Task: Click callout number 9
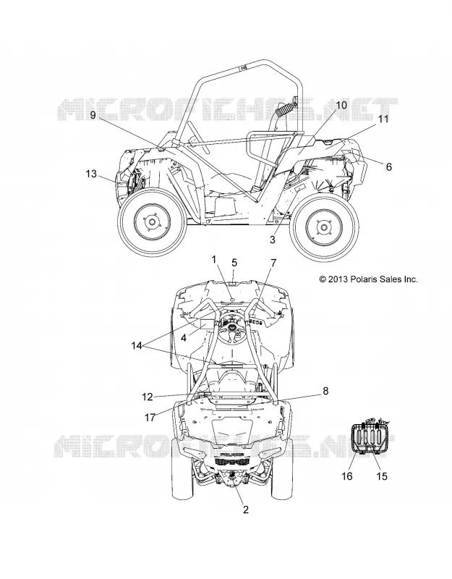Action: [x=93, y=115]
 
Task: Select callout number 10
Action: [x=341, y=105]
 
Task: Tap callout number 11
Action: [x=383, y=119]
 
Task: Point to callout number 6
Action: [x=389, y=166]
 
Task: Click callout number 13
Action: [x=91, y=174]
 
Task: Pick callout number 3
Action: [x=273, y=240]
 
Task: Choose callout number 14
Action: [x=137, y=346]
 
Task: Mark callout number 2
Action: [x=246, y=510]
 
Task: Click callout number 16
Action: [x=347, y=476]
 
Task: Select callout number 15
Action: [x=382, y=476]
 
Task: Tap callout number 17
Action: [x=150, y=418]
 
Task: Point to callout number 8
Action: [x=325, y=391]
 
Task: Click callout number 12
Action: [x=148, y=397]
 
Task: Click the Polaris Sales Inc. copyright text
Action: [x=369, y=279]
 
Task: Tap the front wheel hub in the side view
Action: [x=151, y=222]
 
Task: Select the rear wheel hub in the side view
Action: [x=323, y=227]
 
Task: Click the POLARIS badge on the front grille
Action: [x=231, y=453]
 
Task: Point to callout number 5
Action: [x=234, y=263]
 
